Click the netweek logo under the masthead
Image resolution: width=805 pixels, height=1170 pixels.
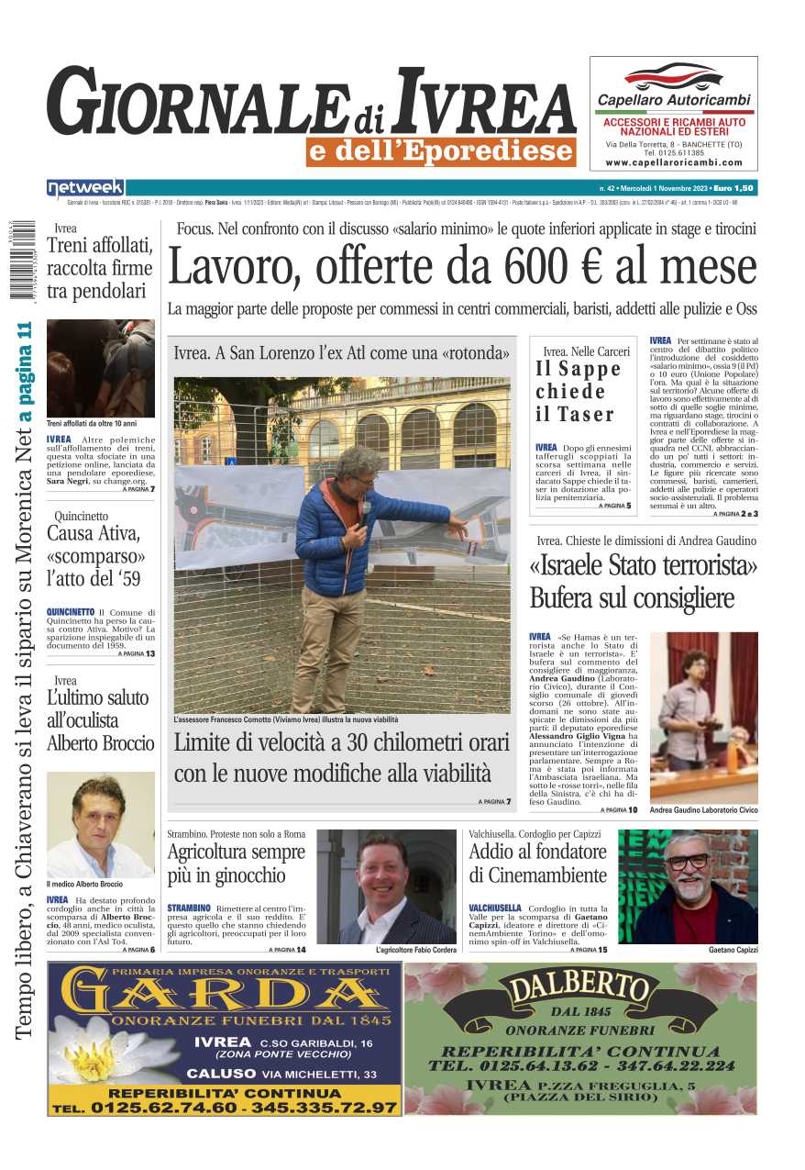(85, 188)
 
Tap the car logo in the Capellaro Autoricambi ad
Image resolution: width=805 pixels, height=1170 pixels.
(673, 76)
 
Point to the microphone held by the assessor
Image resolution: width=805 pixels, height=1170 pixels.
(365, 508)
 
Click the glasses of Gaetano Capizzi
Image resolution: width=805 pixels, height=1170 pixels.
(688, 862)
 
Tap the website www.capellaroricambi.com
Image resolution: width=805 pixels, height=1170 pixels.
(673, 162)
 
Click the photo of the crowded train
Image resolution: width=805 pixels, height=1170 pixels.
(100, 368)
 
